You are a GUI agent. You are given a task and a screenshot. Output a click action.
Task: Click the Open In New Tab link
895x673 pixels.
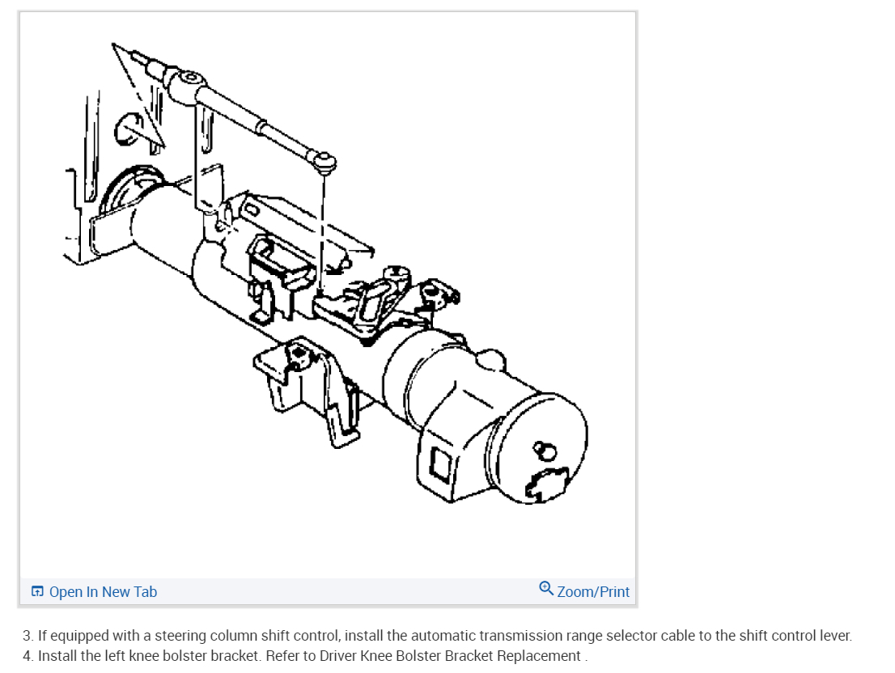pos(103,592)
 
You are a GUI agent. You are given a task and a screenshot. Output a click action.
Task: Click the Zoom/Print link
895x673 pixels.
pos(592,592)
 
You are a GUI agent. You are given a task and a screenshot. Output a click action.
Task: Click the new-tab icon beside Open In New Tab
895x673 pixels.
pos(37,592)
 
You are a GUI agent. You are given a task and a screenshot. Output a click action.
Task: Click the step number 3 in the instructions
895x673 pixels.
pos(27,636)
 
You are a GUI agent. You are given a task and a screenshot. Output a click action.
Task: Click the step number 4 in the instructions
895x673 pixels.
pos(27,655)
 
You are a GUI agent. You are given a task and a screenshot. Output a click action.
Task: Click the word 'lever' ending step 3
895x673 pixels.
pos(834,636)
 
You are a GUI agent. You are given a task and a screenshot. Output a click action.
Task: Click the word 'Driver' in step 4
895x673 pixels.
pos(342,655)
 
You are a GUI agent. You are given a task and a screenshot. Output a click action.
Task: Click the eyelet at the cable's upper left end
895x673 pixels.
pos(190,78)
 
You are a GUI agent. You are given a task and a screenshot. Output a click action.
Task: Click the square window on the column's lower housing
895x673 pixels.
pos(442,465)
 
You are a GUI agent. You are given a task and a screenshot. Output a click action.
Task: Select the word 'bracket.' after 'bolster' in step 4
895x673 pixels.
pos(235,655)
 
